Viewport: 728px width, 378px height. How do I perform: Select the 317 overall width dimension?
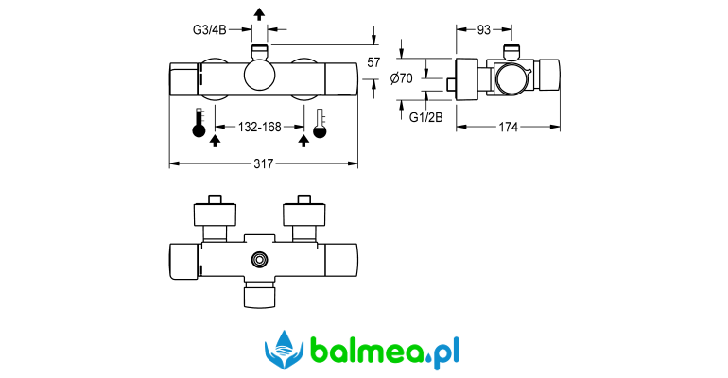pos(264,164)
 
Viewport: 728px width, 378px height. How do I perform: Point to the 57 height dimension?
pos(373,61)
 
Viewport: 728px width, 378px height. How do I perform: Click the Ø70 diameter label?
pos(402,79)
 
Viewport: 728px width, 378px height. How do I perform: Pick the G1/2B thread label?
pos(425,117)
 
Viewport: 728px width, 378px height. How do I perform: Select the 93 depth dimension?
pos(483,30)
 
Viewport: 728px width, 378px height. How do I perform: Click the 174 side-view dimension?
pos(509,128)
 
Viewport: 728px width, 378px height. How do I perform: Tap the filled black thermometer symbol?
pos(199,125)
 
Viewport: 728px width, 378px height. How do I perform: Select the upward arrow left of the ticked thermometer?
pos(303,141)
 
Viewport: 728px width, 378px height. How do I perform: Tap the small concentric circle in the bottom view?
pos(260,258)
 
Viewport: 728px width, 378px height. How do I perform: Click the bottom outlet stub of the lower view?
pos(260,296)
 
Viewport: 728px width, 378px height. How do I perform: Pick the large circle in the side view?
pos(511,80)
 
